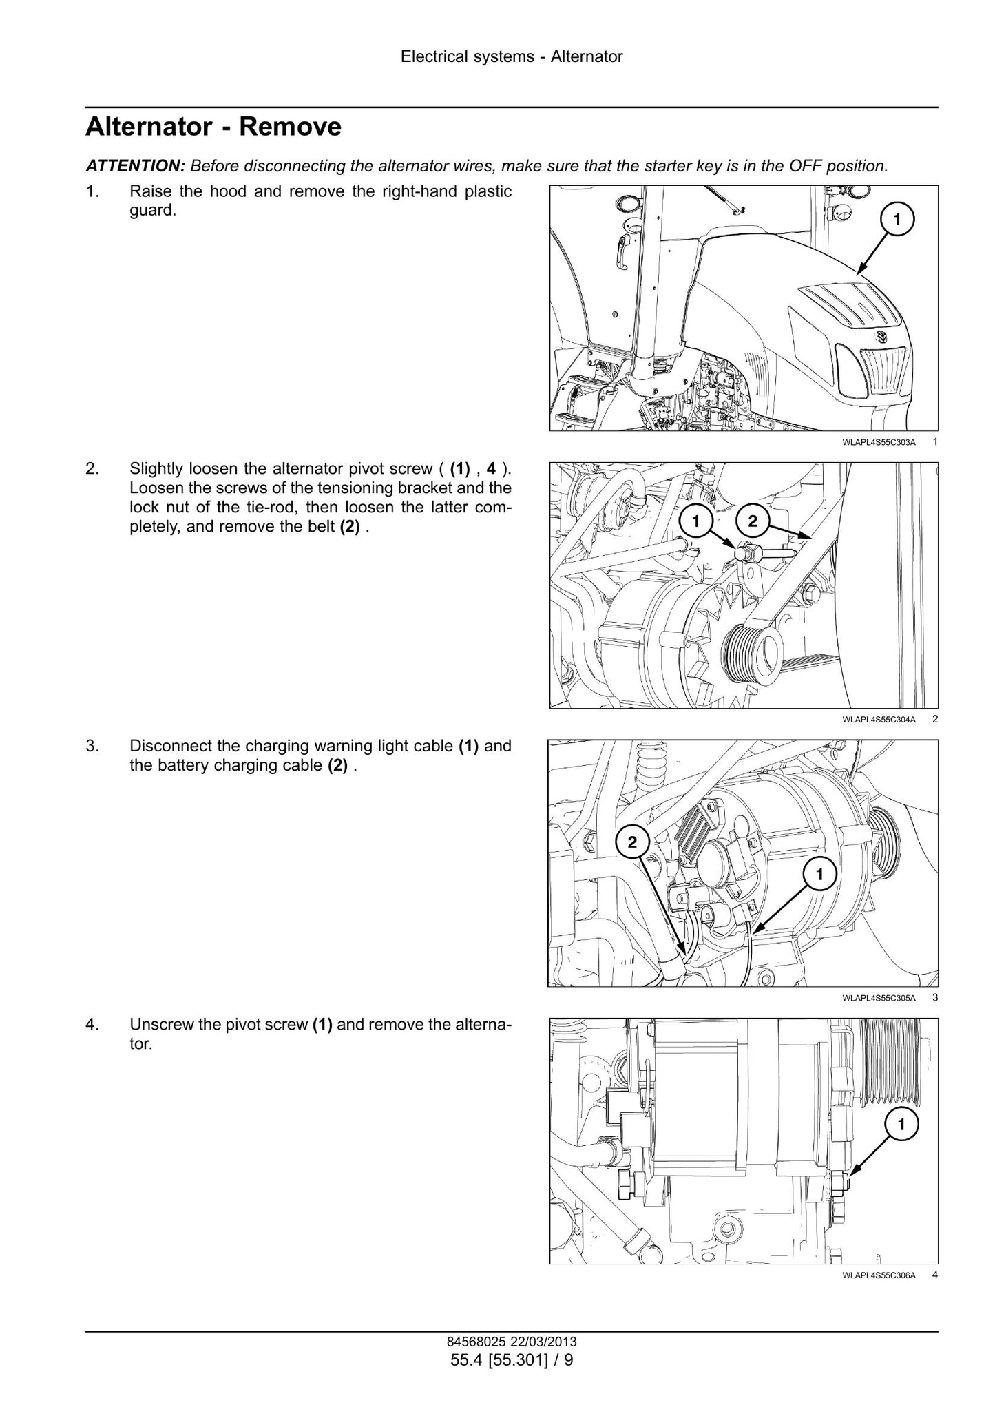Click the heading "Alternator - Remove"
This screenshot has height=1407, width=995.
(x=213, y=127)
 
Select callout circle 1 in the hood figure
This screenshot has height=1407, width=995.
(x=897, y=219)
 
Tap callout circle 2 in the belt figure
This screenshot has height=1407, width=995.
(x=753, y=521)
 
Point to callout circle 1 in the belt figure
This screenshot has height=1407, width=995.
(x=695, y=521)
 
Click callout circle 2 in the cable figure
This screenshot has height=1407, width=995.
(x=633, y=841)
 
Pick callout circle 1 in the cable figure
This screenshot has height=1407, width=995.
(x=819, y=875)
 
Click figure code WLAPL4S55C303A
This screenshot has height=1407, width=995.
(x=879, y=442)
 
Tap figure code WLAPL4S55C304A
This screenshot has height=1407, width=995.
(x=879, y=720)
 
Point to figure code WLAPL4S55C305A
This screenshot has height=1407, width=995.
(x=879, y=998)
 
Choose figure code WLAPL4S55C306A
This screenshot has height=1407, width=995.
(x=879, y=1275)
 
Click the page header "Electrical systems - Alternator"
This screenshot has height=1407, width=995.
(x=512, y=57)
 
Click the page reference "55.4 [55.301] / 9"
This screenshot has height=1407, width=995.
(x=512, y=1360)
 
